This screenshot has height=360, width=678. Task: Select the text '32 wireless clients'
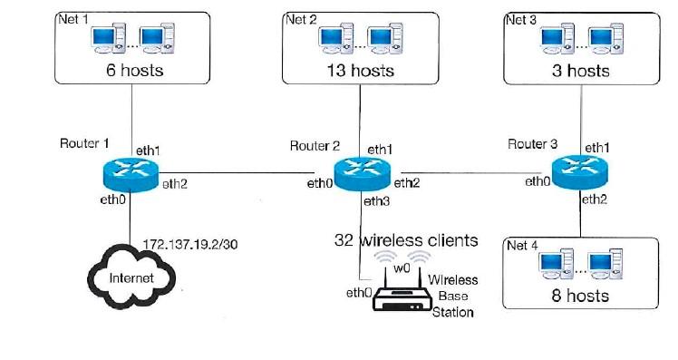click(406, 241)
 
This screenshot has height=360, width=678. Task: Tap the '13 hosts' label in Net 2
click(360, 70)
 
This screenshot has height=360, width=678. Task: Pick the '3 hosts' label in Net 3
click(581, 70)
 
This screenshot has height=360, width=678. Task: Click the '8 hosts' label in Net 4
click(581, 296)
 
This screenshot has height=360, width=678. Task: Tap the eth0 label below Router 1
click(112, 199)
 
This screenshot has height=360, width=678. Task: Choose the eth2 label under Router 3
click(595, 199)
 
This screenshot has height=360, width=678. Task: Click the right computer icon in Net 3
click(603, 37)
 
